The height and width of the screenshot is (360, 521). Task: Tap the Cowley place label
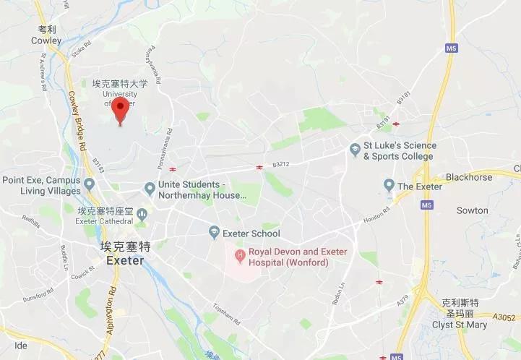[x=46, y=40]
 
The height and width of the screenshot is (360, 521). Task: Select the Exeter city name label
[x=126, y=259]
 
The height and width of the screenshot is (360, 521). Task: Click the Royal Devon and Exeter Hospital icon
[x=239, y=256]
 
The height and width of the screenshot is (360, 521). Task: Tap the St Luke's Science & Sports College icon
[x=355, y=150]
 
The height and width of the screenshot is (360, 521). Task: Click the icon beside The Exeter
[x=389, y=185]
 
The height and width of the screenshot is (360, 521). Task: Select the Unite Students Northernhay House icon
[x=150, y=189]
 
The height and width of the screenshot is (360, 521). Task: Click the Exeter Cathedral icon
[x=142, y=214]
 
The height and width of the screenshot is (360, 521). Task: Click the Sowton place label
[x=473, y=210]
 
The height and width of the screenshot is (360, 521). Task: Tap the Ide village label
[x=20, y=346]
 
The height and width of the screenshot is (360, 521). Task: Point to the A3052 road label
[x=504, y=316]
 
